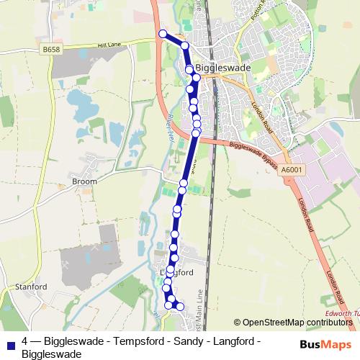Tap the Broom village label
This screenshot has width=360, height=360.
(84, 181)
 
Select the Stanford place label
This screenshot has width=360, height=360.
(31, 286)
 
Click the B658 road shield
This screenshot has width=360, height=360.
(51, 49)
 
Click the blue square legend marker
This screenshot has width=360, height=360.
(9, 343)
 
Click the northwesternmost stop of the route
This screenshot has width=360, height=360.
(163, 33)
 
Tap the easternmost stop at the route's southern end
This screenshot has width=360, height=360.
(180, 307)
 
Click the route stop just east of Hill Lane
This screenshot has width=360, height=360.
(184, 45)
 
